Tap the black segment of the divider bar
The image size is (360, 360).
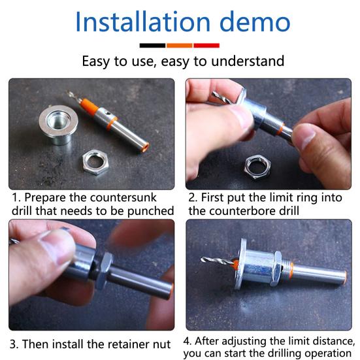pyautogui.click(x=152, y=46)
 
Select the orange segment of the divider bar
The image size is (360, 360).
pyautogui.click(x=180, y=46)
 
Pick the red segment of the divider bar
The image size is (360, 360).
pyautogui.click(x=206, y=46)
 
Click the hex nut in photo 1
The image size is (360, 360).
pyautogui.click(x=95, y=161)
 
